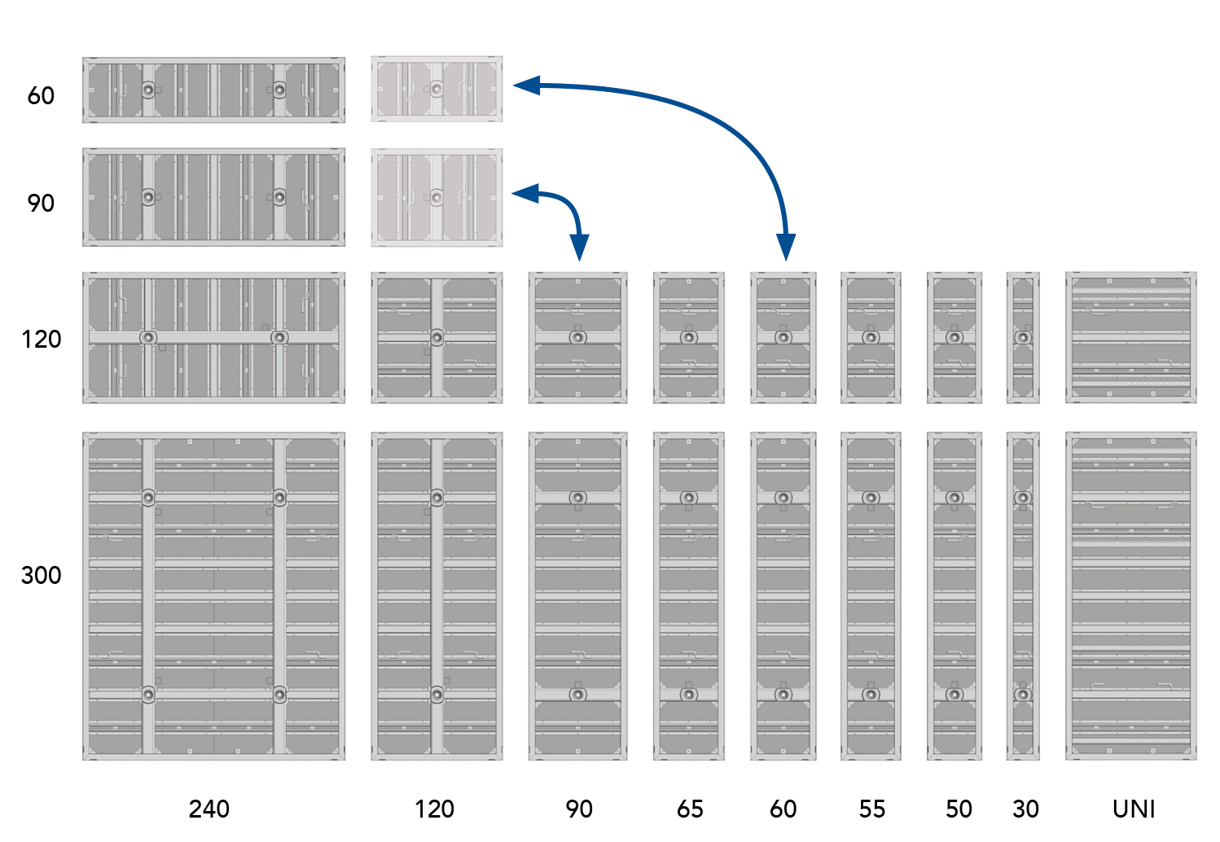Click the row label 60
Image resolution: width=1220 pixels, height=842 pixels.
point(41,96)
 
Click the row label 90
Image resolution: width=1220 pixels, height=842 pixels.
point(41,203)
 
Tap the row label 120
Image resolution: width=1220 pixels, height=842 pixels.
point(41,339)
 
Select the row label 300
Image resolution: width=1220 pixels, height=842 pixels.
point(41,575)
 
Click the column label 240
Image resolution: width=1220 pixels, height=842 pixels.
point(209,809)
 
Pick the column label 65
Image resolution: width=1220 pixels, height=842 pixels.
point(690,809)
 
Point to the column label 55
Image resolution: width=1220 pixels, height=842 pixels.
point(872,809)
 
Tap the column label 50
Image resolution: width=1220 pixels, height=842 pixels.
point(959,809)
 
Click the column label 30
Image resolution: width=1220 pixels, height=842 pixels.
point(1025,809)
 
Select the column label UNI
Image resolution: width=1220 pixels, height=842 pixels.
point(1134,809)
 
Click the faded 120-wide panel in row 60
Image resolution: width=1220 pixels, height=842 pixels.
point(437,89)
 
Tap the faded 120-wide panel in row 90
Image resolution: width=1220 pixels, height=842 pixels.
point(437,197)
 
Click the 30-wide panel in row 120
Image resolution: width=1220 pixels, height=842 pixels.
point(1023,337)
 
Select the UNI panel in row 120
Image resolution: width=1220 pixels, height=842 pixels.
point(1130,337)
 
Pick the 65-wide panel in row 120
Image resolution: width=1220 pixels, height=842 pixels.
point(688,337)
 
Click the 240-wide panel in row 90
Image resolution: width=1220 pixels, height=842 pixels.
point(213,197)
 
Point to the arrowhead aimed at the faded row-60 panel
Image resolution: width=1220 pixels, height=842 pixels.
point(525,85)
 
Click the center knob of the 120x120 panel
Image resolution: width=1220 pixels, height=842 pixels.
point(437,337)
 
